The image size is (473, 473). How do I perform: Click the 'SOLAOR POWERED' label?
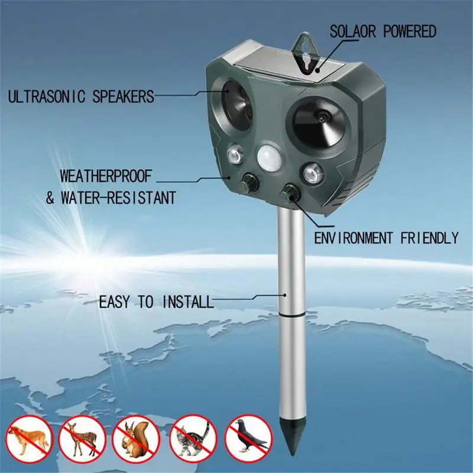click(383, 31)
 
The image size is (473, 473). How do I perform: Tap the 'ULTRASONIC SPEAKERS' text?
click(80, 96)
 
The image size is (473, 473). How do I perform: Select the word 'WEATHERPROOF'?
click(106, 176)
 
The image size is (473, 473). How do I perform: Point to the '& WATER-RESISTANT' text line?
click(111, 197)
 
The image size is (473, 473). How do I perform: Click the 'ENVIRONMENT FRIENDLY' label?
click(386, 238)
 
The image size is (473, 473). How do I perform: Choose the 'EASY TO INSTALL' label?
click(155, 302)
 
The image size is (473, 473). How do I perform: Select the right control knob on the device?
click(290, 192)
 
